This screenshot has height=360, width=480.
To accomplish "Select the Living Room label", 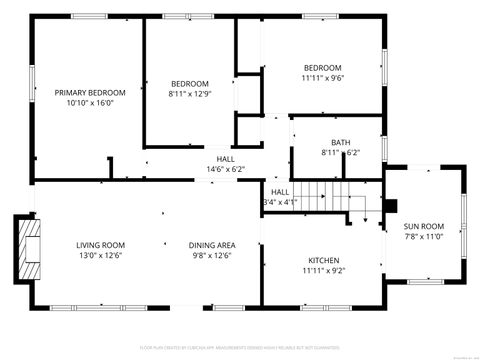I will coord(100,245).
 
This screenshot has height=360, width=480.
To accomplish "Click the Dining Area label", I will coord(211,245).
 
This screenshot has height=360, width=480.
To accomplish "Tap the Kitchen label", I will coord(323,259).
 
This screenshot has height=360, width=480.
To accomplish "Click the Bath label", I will coord(341,142).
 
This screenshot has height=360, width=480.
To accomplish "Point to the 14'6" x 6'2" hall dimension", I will coord(225,169).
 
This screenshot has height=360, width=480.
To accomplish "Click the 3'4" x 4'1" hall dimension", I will coord(280,202).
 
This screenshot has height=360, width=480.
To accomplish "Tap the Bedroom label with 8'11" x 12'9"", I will coord(190,83).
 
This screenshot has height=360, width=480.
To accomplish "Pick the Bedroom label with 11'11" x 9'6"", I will coord(322,67).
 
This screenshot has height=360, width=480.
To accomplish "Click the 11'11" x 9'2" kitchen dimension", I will coord(323,270).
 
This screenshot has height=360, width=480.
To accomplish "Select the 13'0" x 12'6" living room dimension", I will coord(100,256).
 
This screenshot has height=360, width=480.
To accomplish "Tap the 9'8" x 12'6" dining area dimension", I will coord(211,256).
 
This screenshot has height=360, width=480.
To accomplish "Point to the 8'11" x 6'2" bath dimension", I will coord(341,153).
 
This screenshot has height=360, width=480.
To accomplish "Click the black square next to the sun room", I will coord(391,208).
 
